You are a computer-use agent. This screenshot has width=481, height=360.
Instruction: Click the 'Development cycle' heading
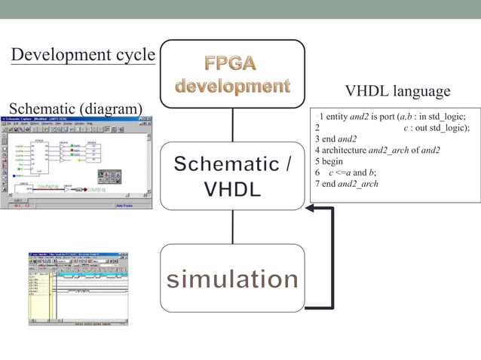(x=83, y=56)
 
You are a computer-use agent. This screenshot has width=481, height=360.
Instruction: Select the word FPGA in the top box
(x=232, y=63)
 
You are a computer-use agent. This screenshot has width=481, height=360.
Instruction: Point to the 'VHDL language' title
(x=397, y=91)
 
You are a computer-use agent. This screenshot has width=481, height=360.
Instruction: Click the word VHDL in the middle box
(x=232, y=188)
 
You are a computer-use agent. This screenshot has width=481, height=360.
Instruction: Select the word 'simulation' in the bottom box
(x=232, y=279)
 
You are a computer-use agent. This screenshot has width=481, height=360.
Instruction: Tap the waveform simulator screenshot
(x=78, y=288)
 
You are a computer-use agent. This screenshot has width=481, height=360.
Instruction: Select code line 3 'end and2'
(x=336, y=139)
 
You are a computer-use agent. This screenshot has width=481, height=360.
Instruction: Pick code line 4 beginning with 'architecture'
(x=377, y=151)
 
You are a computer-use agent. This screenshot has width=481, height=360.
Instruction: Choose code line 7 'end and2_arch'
(x=347, y=184)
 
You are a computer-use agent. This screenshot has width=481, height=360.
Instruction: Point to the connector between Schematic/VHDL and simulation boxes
(x=232, y=226)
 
